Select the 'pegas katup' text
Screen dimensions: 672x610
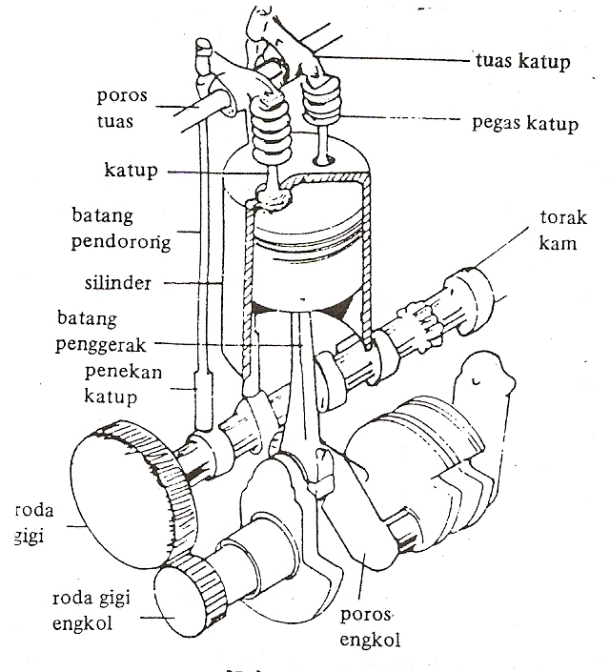click(525, 124)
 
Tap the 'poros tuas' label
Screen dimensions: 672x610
click(122, 111)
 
